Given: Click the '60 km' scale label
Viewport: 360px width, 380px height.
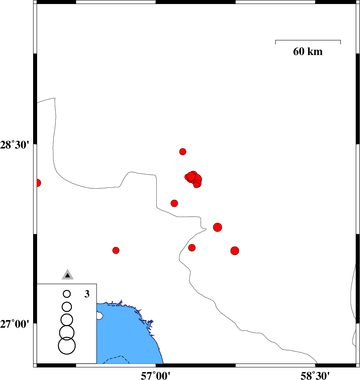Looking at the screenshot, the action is click(x=308, y=52).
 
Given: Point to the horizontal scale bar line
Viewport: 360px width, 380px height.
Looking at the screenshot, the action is click(x=308, y=40).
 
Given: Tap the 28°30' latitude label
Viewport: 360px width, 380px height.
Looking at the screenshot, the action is click(x=15, y=145).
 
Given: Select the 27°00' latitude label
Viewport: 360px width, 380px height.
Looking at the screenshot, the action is click(x=15, y=324).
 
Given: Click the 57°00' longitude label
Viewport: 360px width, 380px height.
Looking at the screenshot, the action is click(x=155, y=375).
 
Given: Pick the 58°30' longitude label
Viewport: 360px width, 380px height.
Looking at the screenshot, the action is click(x=315, y=375).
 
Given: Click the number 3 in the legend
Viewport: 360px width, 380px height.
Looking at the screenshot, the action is click(x=87, y=294).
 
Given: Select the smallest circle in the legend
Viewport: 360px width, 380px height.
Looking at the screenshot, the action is click(x=67, y=294).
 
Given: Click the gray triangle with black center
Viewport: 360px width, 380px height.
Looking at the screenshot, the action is click(x=68, y=275).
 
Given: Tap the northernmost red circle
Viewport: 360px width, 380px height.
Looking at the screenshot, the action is click(x=183, y=152).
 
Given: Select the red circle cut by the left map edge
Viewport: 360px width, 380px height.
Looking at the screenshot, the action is click(x=38, y=183).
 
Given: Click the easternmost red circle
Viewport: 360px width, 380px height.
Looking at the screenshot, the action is click(x=235, y=251).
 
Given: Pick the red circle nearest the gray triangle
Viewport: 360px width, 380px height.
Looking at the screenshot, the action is click(x=116, y=250).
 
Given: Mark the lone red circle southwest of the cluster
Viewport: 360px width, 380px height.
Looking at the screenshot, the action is click(x=174, y=203).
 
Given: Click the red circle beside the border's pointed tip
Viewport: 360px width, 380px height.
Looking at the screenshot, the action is click(x=217, y=227).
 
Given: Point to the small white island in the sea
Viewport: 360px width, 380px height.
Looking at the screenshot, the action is click(x=99, y=316).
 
